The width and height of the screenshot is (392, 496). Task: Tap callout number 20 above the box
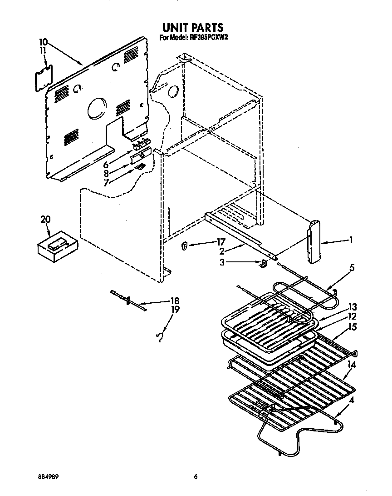click(x=45, y=219)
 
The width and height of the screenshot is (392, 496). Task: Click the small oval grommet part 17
click(x=184, y=246)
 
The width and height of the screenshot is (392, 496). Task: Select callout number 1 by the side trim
click(x=351, y=240)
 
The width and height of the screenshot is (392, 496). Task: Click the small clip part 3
click(x=263, y=264)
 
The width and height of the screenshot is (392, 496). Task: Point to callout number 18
click(x=174, y=301)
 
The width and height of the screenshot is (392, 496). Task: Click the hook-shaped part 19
click(x=159, y=336)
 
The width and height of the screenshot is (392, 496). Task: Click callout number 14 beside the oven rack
click(x=352, y=364)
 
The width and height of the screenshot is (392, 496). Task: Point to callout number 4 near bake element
click(x=352, y=400)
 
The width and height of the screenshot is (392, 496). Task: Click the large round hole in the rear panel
click(x=96, y=109)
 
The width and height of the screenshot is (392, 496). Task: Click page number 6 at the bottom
click(x=196, y=476)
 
